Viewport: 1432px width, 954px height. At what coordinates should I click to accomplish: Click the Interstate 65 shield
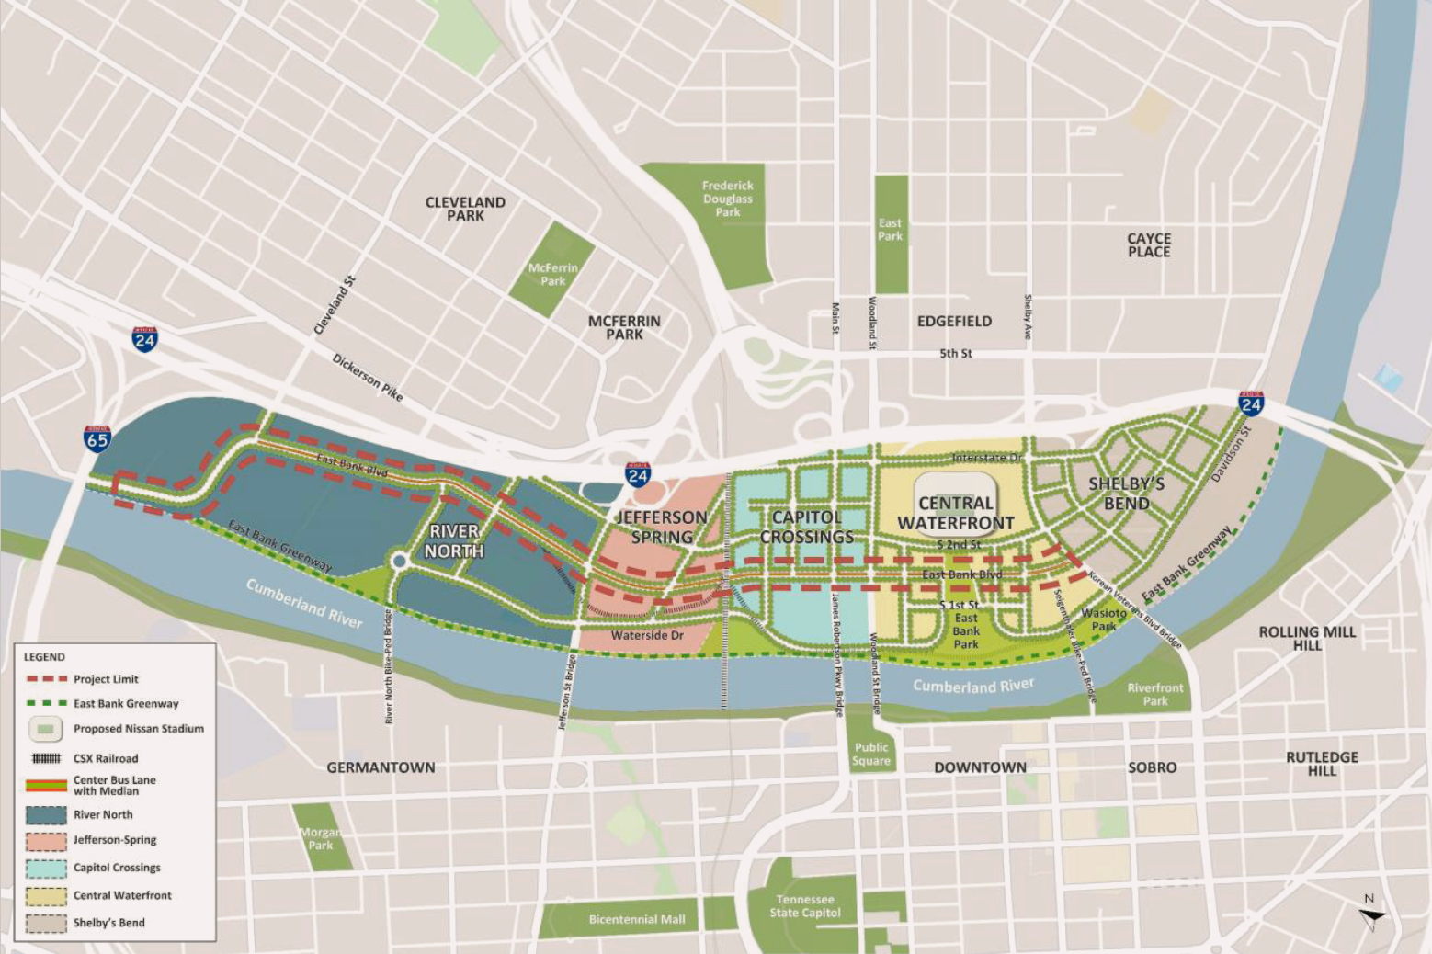(x=97, y=438)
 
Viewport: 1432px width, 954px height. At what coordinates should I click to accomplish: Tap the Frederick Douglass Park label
(x=727, y=199)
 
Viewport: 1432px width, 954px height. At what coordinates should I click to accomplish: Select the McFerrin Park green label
(x=553, y=275)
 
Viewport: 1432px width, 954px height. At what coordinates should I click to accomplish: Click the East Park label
(x=890, y=230)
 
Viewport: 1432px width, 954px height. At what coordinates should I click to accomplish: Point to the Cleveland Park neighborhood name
(x=465, y=209)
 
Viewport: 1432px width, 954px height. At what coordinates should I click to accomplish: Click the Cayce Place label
(x=1149, y=244)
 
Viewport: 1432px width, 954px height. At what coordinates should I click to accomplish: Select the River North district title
(x=454, y=541)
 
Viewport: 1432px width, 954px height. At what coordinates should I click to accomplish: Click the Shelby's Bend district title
(x=1126, y=494)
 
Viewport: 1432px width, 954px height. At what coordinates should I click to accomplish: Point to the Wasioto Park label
(x=1104, y=619)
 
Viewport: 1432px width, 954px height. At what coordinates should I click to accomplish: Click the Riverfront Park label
(x=1155, y=694)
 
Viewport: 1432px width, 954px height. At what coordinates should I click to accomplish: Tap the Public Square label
(x=871, y=754)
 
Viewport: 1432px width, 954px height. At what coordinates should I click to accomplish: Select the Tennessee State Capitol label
(x=805, y=906)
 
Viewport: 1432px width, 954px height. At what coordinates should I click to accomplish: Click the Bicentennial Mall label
(x=637, y=919)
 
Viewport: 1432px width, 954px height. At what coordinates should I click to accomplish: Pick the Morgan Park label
(x=321, y=838)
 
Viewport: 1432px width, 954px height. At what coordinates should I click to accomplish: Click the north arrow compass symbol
(x=1371, y=914)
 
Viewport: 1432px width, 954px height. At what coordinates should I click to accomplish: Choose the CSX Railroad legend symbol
(x=46, y=758)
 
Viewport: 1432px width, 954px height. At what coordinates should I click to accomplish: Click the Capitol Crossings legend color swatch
(x=46, y=868)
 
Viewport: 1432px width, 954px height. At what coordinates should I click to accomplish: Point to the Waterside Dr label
(x=647, y=635)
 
